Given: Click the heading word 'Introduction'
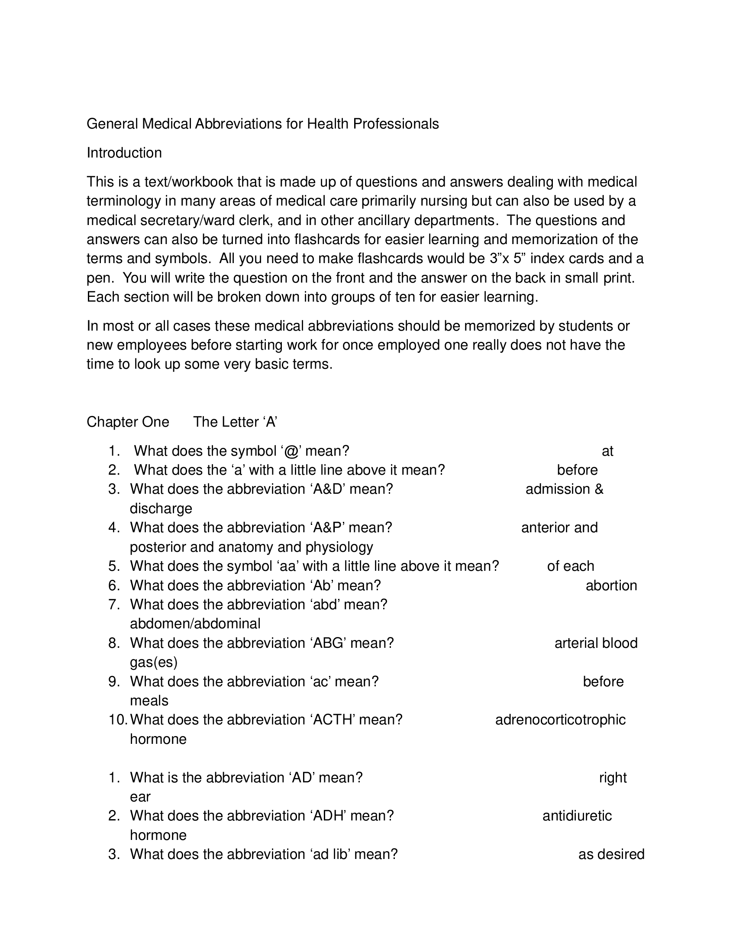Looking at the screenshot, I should [124, 153].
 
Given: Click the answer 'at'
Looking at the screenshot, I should [607, 451].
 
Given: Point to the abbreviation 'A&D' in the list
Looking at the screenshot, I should [329, 489].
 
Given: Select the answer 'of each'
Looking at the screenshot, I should [570, 566].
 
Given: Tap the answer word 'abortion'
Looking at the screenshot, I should [611, 585].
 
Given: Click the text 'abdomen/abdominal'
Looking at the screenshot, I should [195, 624].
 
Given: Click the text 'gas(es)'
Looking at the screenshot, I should [154, 663].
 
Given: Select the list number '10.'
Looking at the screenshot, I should [118, 720].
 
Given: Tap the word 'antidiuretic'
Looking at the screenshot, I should [577, 816].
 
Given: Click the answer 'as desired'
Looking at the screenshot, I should [611, 854].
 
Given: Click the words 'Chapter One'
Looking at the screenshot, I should [128, 422].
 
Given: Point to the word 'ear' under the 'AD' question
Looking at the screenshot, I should [140, 797].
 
